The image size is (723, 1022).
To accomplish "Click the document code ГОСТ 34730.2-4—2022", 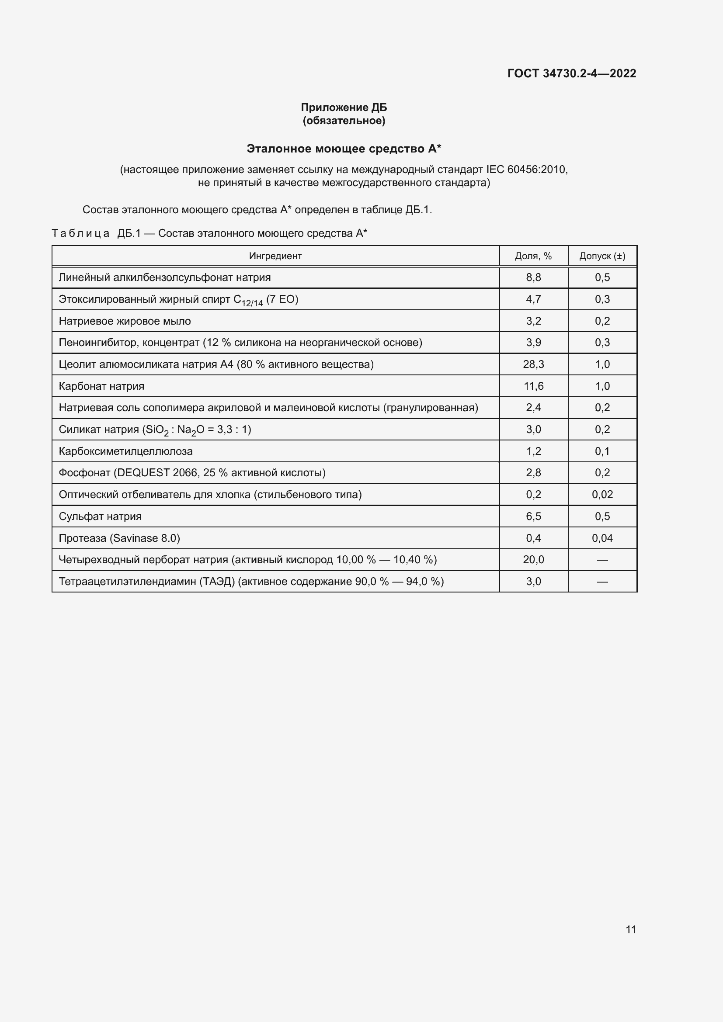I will [x=572, y=73].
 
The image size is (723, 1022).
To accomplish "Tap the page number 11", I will [x=630, y=929].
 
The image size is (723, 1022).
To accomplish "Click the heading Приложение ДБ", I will [x=344, y=107].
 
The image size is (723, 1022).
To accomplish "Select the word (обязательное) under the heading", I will [x=344, y=121].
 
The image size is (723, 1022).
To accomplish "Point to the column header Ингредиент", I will [x=275, y=256].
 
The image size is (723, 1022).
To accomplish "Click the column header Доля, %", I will [x=533, y=256].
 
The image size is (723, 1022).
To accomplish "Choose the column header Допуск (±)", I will [x=602, y=256].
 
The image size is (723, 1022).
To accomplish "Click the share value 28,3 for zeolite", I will [x=533, y=364].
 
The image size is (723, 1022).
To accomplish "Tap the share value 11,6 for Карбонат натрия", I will [x=533, y=386].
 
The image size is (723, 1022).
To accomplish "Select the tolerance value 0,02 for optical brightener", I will [x=602, y=494].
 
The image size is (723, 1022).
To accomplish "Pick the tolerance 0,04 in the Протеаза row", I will [x=602, y=538].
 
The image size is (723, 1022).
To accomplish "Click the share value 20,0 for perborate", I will [x=533, y=560].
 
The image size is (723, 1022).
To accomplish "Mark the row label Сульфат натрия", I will [x=100, y=516].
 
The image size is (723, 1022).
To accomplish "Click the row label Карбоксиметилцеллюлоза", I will [x=125, y=451].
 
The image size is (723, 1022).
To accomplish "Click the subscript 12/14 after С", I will [x=252, y=304].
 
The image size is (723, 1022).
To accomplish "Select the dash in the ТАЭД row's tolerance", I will [x=602, y=581].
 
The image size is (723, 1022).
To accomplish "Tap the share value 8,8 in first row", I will [x=533, y=277].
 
